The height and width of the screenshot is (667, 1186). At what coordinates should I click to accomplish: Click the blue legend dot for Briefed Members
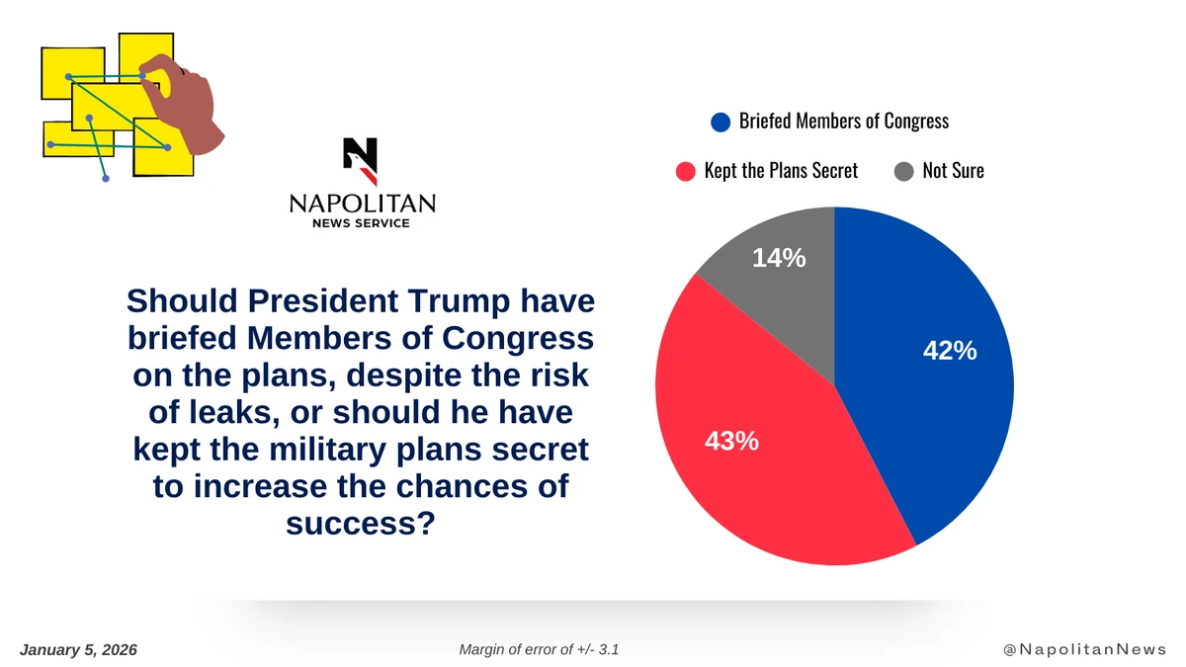(x=721, y=122)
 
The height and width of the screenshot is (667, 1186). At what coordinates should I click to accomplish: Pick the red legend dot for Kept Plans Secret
(x=686, y=171)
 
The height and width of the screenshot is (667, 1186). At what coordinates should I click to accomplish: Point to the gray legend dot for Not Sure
(x=903, y=171)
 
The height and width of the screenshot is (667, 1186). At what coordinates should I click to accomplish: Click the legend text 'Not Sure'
(x=953, y=171)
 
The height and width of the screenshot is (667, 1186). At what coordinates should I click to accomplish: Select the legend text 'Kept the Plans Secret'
(x=781, y=171)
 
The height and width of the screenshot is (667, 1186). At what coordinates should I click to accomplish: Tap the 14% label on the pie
(x=779, y=259)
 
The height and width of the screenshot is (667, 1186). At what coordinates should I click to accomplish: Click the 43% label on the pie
(x=731, y=442)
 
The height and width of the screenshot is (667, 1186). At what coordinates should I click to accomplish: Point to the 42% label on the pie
(x=950, y=351)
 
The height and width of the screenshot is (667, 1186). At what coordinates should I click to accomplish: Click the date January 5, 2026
(x=78, y=649)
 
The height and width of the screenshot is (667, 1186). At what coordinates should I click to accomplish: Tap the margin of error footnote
(x=540, y=649)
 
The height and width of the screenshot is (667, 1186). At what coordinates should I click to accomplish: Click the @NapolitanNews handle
(x=1084, y=649)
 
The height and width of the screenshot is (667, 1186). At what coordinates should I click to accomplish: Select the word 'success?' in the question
(x=361, y=523)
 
